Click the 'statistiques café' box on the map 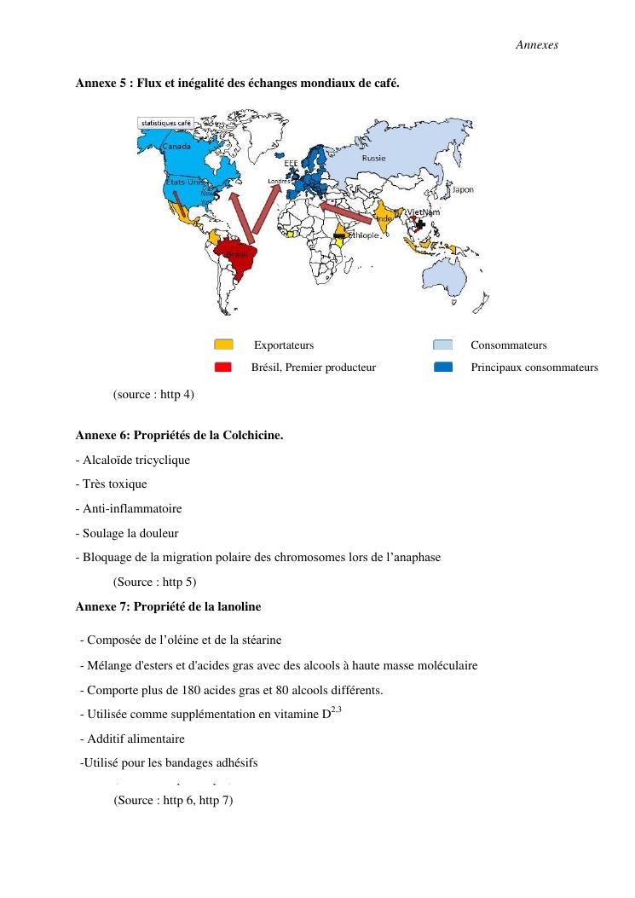166,123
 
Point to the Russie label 373,158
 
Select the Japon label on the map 463,189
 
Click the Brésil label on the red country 237,255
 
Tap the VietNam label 424,211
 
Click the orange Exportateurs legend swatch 223,345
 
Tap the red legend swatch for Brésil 223,368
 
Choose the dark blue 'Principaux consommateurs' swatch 443,368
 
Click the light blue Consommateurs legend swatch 443,345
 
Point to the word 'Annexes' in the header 537,44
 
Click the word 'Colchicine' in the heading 252,436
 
